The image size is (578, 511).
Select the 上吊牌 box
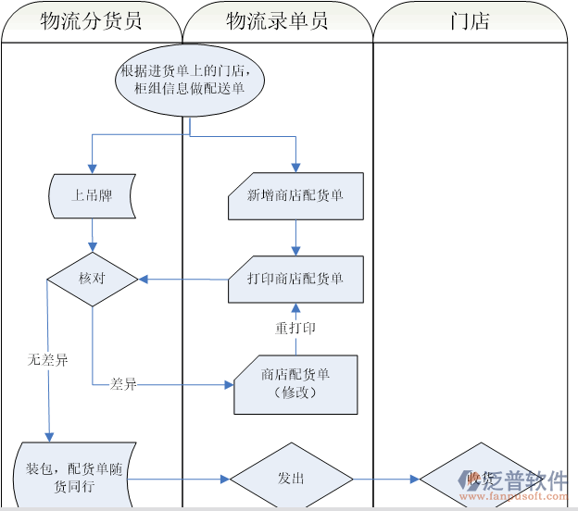click(x=91, y=196)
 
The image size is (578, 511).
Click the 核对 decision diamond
click(x=92, y=279)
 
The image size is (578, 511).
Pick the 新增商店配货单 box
click(x=295, y=196)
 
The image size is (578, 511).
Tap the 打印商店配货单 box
click(x=295, y=279)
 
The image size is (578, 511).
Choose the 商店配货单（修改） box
click(x=295, y=383)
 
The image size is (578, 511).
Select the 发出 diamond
click(x=291, y=479)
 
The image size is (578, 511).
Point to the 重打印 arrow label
click(x=295, y=329)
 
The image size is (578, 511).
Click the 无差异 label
click(x=47, y=359)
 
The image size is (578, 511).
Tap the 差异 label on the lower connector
click(x=123, y=383)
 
